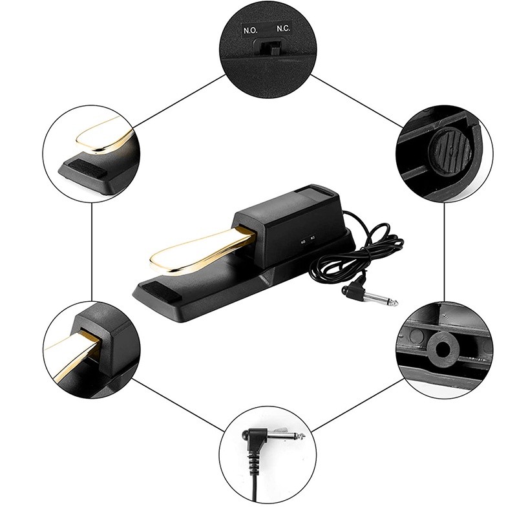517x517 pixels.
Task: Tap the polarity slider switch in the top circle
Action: coord(267,48)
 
